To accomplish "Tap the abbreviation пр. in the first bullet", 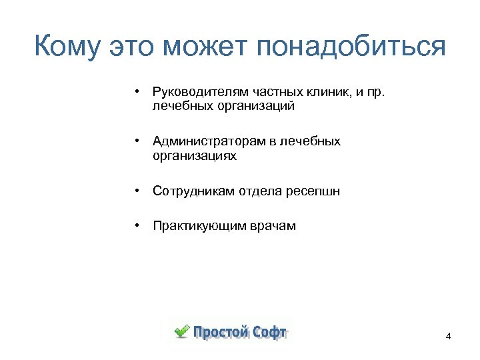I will point(376,91).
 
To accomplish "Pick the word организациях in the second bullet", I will point(194,156).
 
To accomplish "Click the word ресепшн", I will point(313,191).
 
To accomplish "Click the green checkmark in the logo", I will point(181,331).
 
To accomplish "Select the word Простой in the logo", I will point(221,332).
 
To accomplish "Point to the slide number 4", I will point(448,336).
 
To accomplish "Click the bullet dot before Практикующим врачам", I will point(135,226).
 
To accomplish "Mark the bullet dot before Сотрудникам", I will point(135,191).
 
